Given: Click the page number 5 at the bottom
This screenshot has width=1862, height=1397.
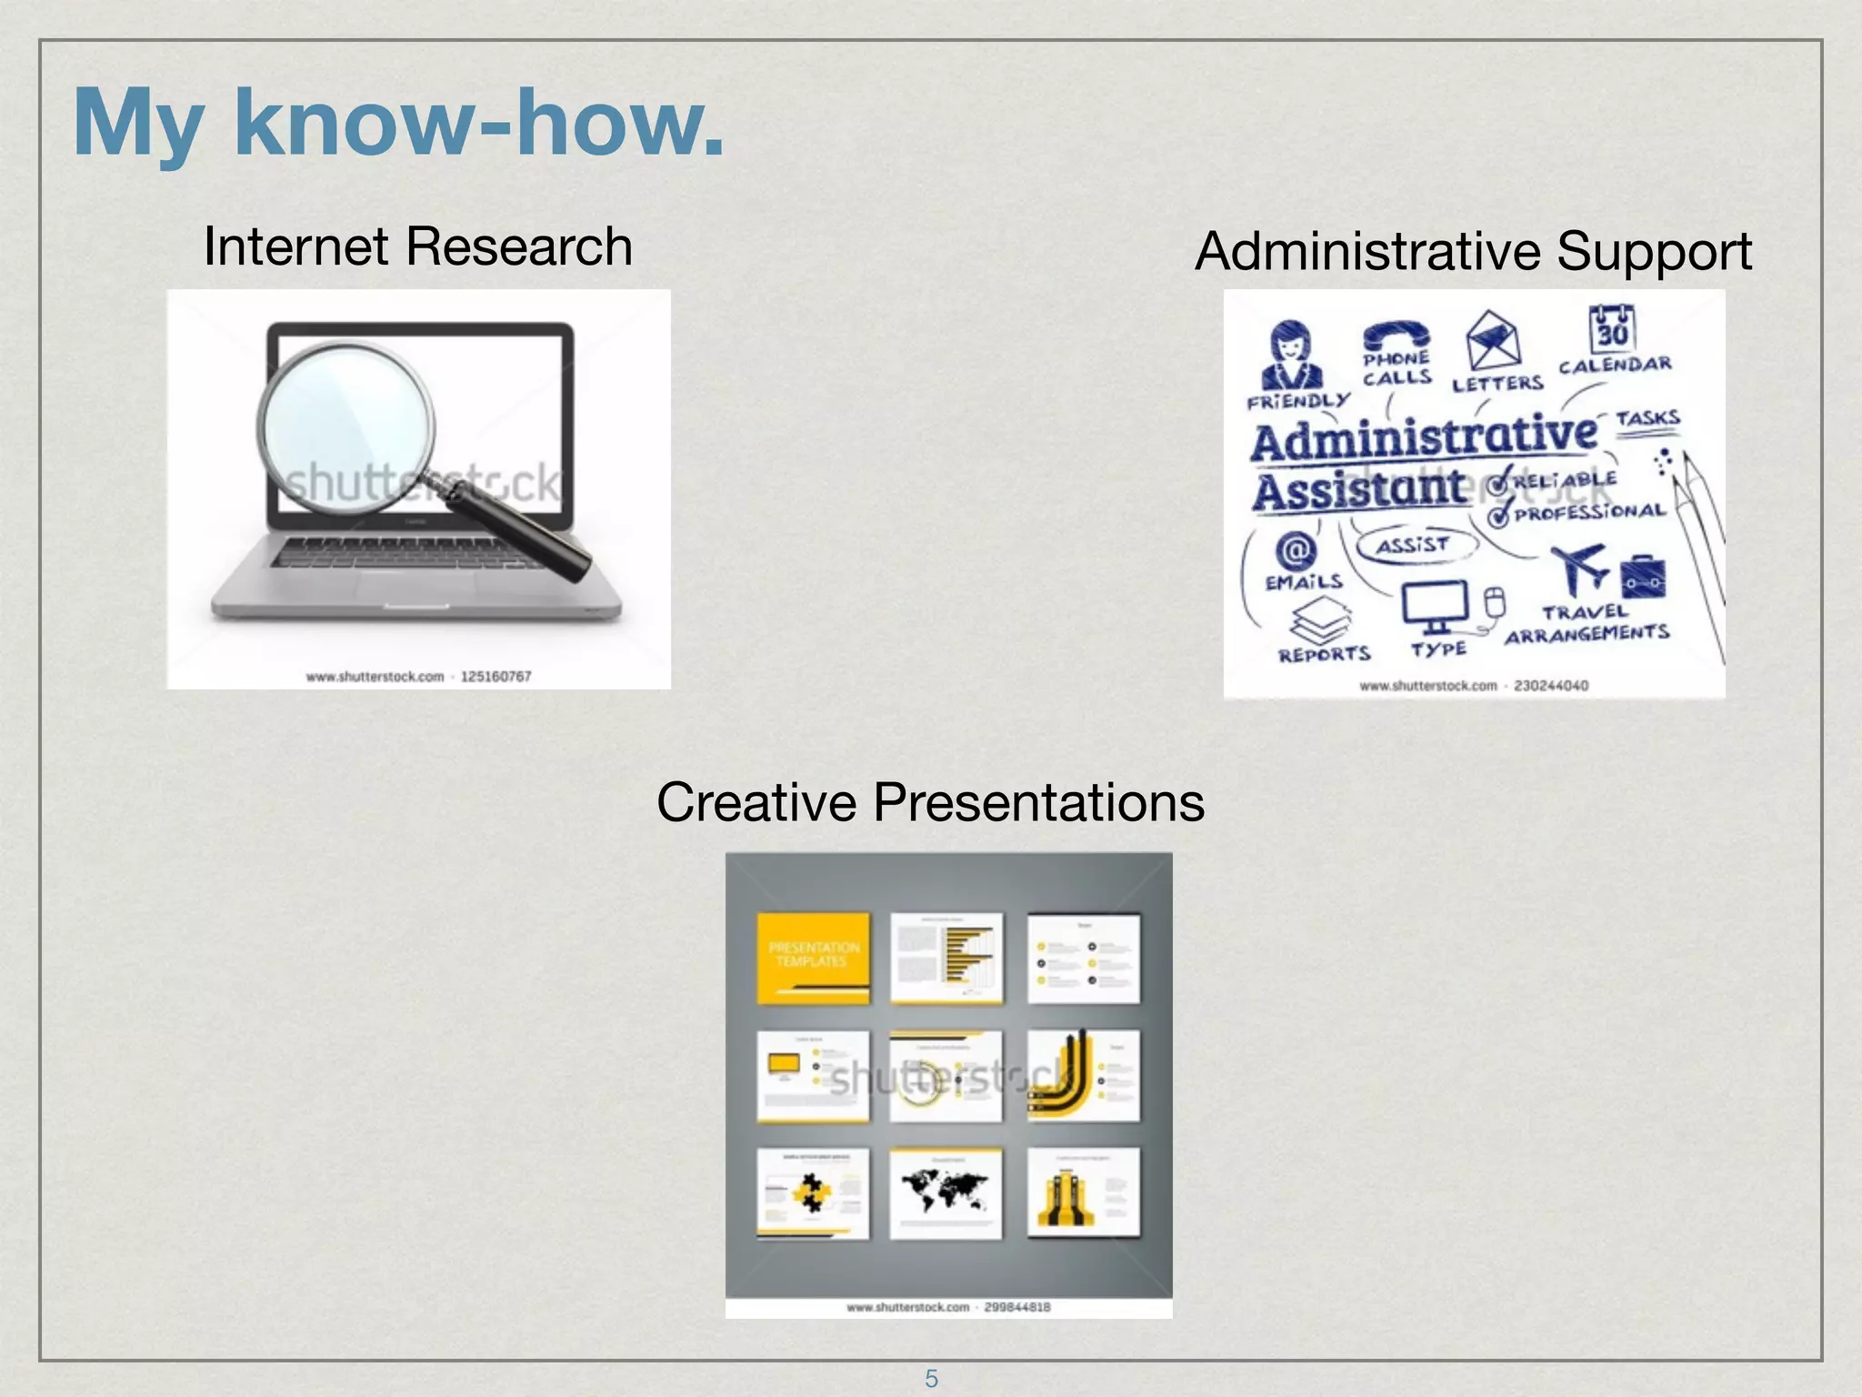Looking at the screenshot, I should [931, 1379].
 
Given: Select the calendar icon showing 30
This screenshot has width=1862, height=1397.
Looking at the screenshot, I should [1611, 329].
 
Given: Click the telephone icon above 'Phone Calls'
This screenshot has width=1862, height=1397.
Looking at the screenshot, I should [1396, 337].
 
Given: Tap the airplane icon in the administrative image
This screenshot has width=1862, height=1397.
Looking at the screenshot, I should [1580, 568].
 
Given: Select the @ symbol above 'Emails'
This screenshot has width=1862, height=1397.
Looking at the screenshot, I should [1295, 550].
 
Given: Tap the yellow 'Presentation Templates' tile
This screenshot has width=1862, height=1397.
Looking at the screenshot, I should [813, 958].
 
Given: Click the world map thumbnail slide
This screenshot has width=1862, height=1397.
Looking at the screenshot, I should [946, 1192].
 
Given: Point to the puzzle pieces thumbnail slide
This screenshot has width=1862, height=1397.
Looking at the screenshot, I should [812, 1192].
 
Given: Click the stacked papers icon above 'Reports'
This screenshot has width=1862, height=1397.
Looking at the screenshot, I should [1321, 622].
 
